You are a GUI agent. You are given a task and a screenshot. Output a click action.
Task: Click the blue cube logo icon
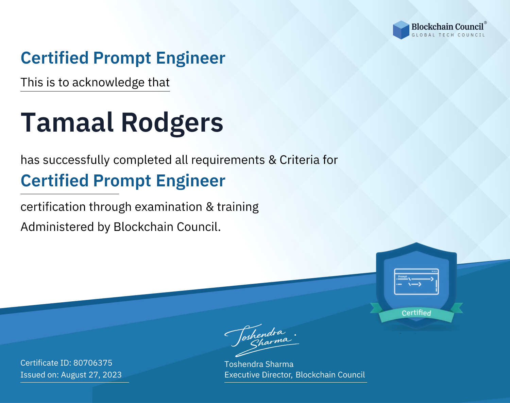pyautogui.click(x=401, y=30)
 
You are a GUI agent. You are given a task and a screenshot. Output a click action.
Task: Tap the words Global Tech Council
pyautogui.click(x=448, y=35)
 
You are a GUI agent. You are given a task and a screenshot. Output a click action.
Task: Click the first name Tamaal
pyautogui.click(x=67, y=122)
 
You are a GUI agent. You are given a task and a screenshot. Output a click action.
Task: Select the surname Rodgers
pyautogui.click(x=172, y=124)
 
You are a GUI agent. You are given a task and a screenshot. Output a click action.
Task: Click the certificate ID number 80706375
pyautogui.click(x=93, y=363)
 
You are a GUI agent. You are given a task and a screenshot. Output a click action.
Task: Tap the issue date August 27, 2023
pyautogui.click(x=91, y=375)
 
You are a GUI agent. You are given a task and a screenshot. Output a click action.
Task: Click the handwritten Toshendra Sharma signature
pyautogui.click(x=262, y=340)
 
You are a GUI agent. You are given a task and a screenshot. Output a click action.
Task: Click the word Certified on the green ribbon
pyautogui.click(x=417, y=313)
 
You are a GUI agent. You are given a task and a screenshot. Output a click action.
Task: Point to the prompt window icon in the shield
pyautogui.click(x=417, y=282)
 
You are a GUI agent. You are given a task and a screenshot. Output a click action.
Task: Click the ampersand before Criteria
pyautogui.click(x=272, y=160)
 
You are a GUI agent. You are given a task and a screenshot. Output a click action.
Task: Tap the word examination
pyautogui.click(x=169, y=207)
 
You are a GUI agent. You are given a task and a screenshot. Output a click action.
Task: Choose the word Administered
pyautogui.click(x=57, y=227)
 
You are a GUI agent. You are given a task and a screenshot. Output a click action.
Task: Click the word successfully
pyautogui.click(x=76, y=160)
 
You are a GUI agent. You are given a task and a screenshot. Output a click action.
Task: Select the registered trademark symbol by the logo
pyautogui.click(x=486, y=23)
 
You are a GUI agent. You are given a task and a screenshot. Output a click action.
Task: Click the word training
pyautogui.click(x=238, y=207)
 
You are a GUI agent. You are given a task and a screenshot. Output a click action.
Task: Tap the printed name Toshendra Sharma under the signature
pyautogui.click(x=259, y=364)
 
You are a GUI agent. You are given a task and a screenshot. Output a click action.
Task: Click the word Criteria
pyautogui.click(x=300, y=160)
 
